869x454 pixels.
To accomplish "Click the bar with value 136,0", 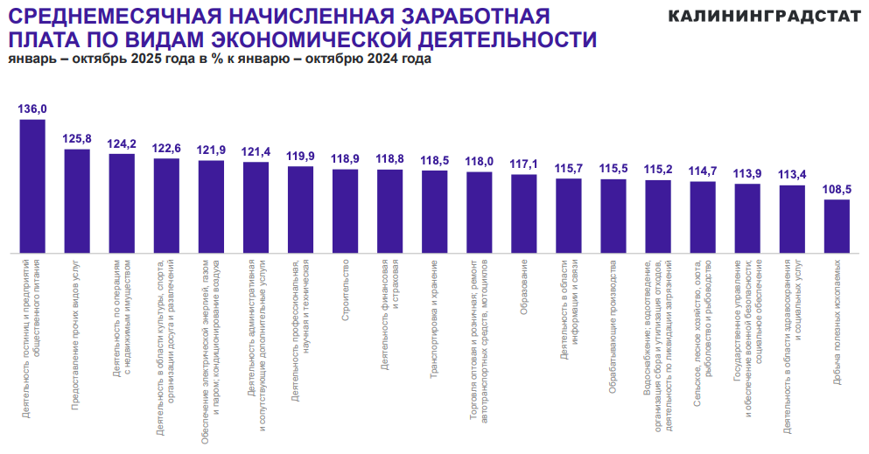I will [32, 185].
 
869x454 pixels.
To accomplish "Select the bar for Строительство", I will [346, 210].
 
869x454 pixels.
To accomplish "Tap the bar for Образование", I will [524, 213].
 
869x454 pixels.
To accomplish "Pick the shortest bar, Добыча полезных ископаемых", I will [837, 226].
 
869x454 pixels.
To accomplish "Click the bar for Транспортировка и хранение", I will [435, 211].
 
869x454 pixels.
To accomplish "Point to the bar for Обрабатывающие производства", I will [613, 215].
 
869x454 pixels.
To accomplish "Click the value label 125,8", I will [77, 138].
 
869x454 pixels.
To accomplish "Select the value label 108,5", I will [837, 189].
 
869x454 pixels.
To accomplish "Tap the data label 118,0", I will [479, 161].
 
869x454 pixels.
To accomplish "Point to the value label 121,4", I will [256, 151].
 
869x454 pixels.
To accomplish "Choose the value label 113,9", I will [747, 172].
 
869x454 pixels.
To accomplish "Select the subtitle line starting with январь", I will [220, 59].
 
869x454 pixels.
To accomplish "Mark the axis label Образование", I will [524, 290].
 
